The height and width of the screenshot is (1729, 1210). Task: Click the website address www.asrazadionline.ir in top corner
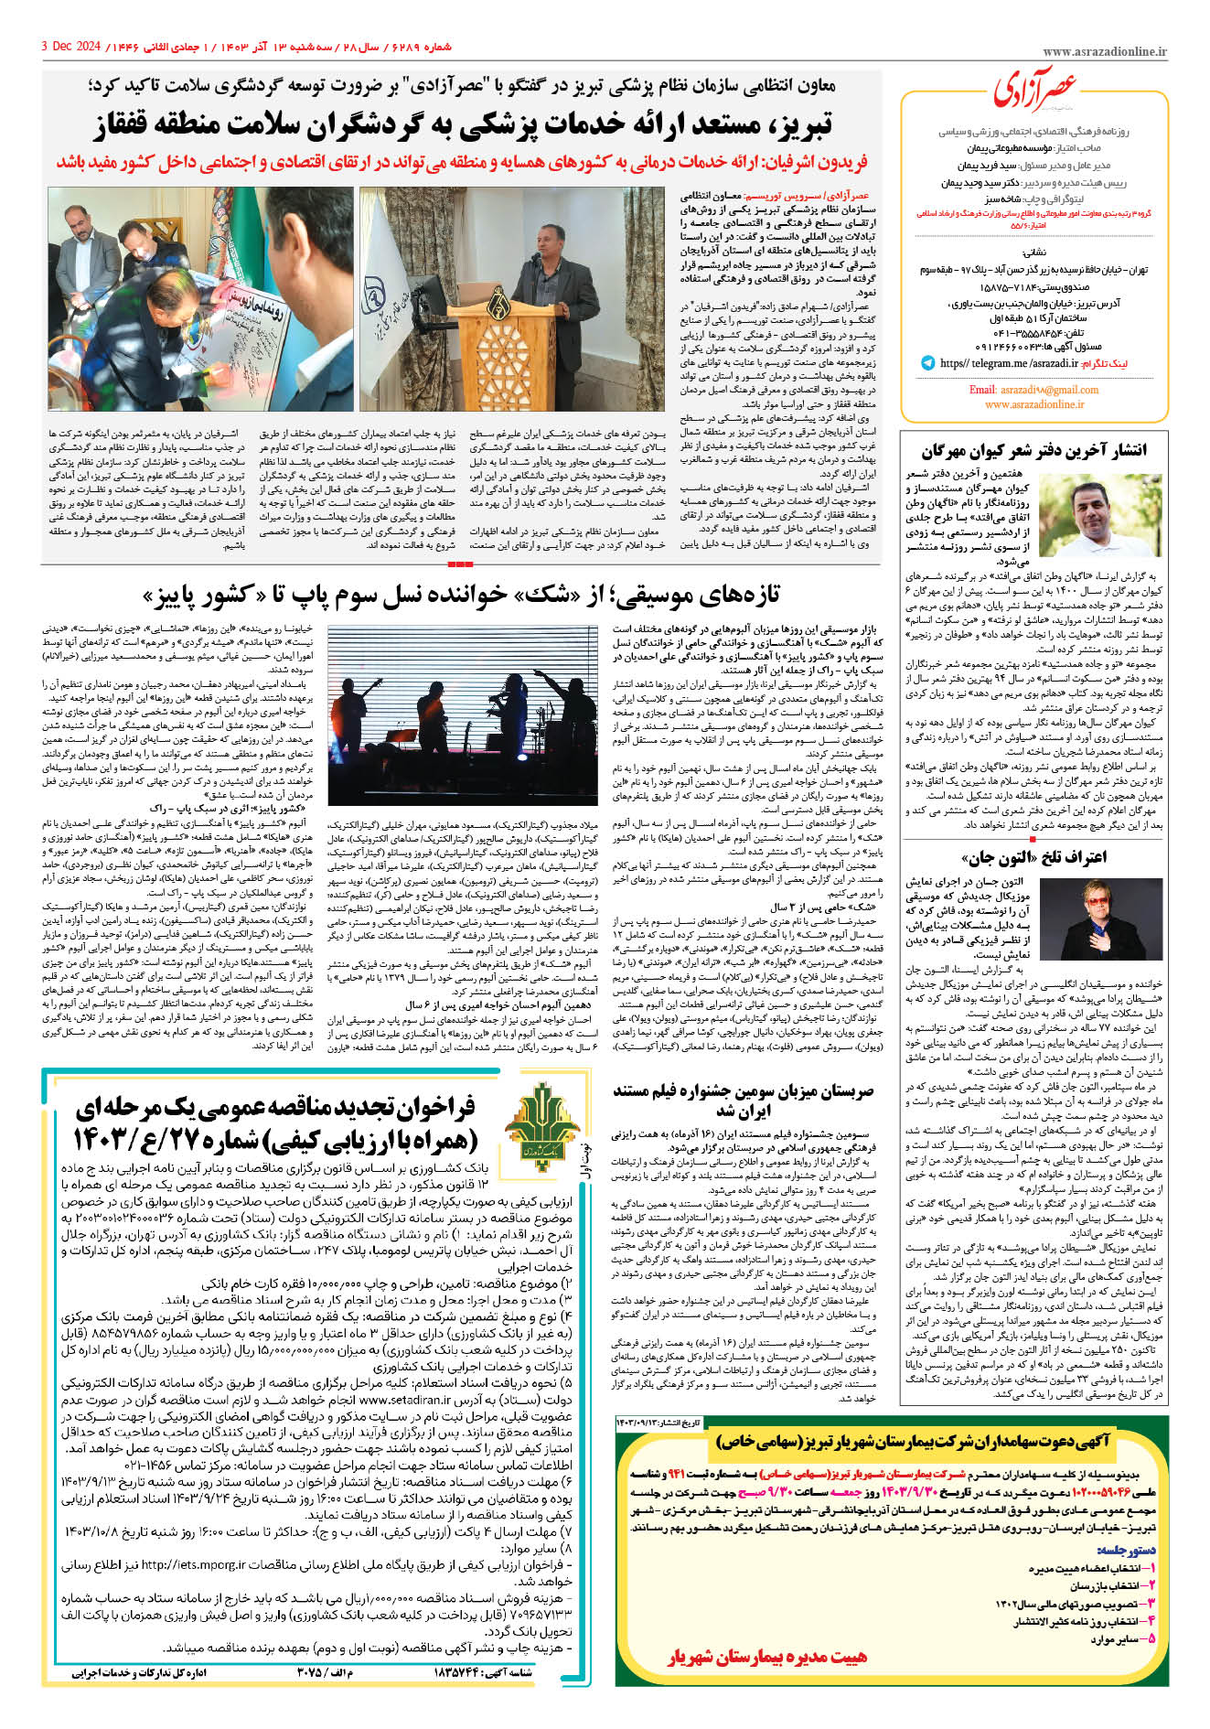[1104, 52]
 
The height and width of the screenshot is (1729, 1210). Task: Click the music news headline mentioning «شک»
[462, 596]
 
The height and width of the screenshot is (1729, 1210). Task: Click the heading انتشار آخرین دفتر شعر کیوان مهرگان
[1033, 450]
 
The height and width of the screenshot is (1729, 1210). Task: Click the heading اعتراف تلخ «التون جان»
[1033, 856]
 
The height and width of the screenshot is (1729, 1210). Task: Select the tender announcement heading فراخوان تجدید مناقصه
[274, 1122]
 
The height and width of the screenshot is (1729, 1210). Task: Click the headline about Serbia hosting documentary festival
[743, 1101]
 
